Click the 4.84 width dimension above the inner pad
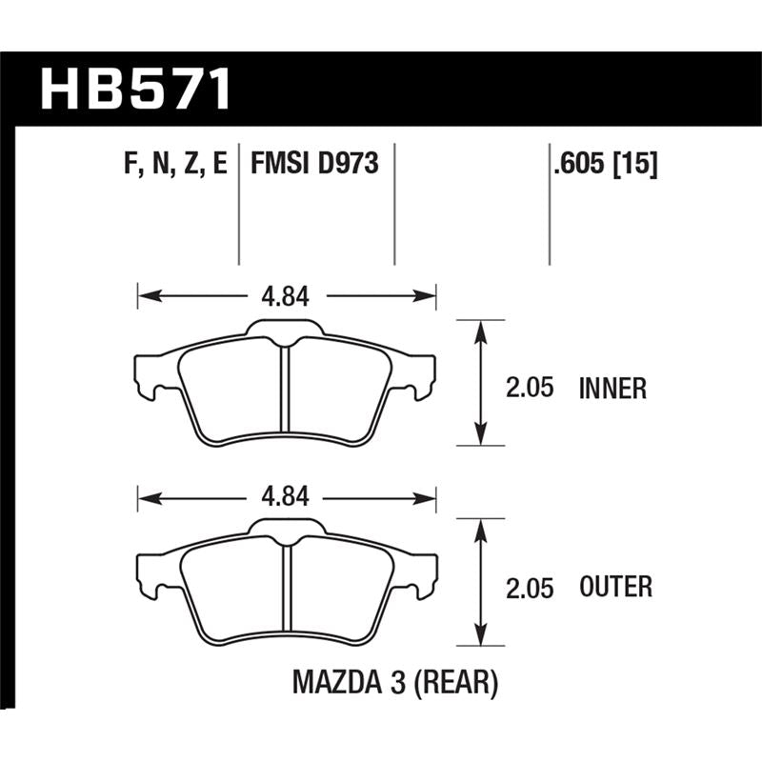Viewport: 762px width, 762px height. coord(287,296)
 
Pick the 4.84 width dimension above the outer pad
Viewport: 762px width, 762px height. coord(287,497)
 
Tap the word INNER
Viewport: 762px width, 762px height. coord(612,389)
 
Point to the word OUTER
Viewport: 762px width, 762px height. coord(615,587)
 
